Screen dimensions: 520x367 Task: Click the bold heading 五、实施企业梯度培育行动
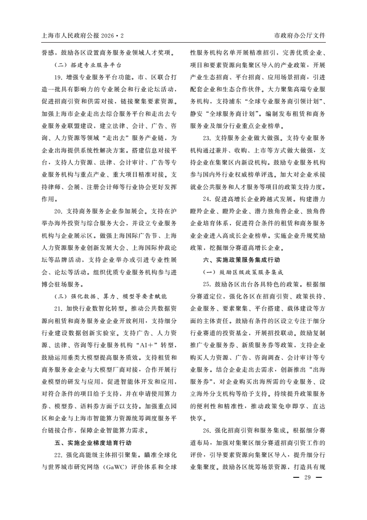(x=93, y=443)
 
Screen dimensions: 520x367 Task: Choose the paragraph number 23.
(x=207, y=138)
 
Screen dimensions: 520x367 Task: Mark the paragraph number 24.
(x=207, y=199)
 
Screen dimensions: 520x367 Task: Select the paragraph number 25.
(x=207, y=284)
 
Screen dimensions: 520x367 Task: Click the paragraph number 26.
(x=207, y=430)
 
